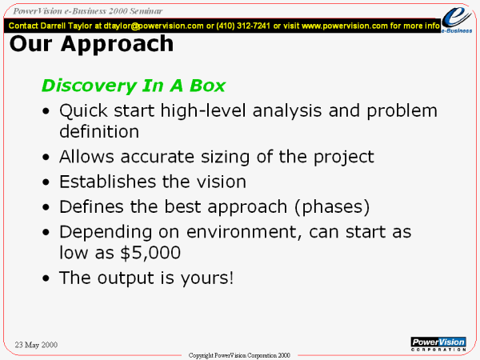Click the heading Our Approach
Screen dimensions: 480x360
(91, 44)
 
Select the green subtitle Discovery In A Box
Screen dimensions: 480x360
(134, 86)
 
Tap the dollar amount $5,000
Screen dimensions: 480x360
(150, 253)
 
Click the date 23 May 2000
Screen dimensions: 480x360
(36, 345)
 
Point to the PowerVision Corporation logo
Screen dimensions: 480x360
(438, 344)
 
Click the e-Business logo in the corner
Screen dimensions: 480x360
(457, 19)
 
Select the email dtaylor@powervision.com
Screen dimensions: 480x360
(154, 26)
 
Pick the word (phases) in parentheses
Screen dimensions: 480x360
(332, 207)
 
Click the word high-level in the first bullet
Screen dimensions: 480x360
(203, 110)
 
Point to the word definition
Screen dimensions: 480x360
(99, 132)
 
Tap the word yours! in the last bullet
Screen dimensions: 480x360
(207, 278)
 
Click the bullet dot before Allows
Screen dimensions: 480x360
(46, 157)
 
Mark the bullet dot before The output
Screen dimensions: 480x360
(46, 278)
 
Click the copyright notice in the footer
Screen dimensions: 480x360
(239, 355)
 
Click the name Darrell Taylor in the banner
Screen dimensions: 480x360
(66, 26)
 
